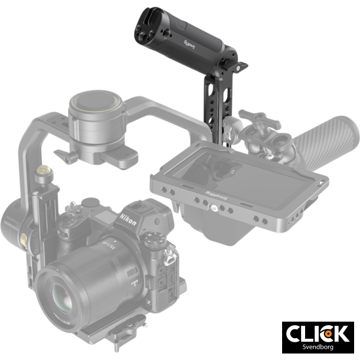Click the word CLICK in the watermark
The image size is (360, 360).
coord(317,333)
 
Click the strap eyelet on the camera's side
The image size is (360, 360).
coord(169,256)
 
